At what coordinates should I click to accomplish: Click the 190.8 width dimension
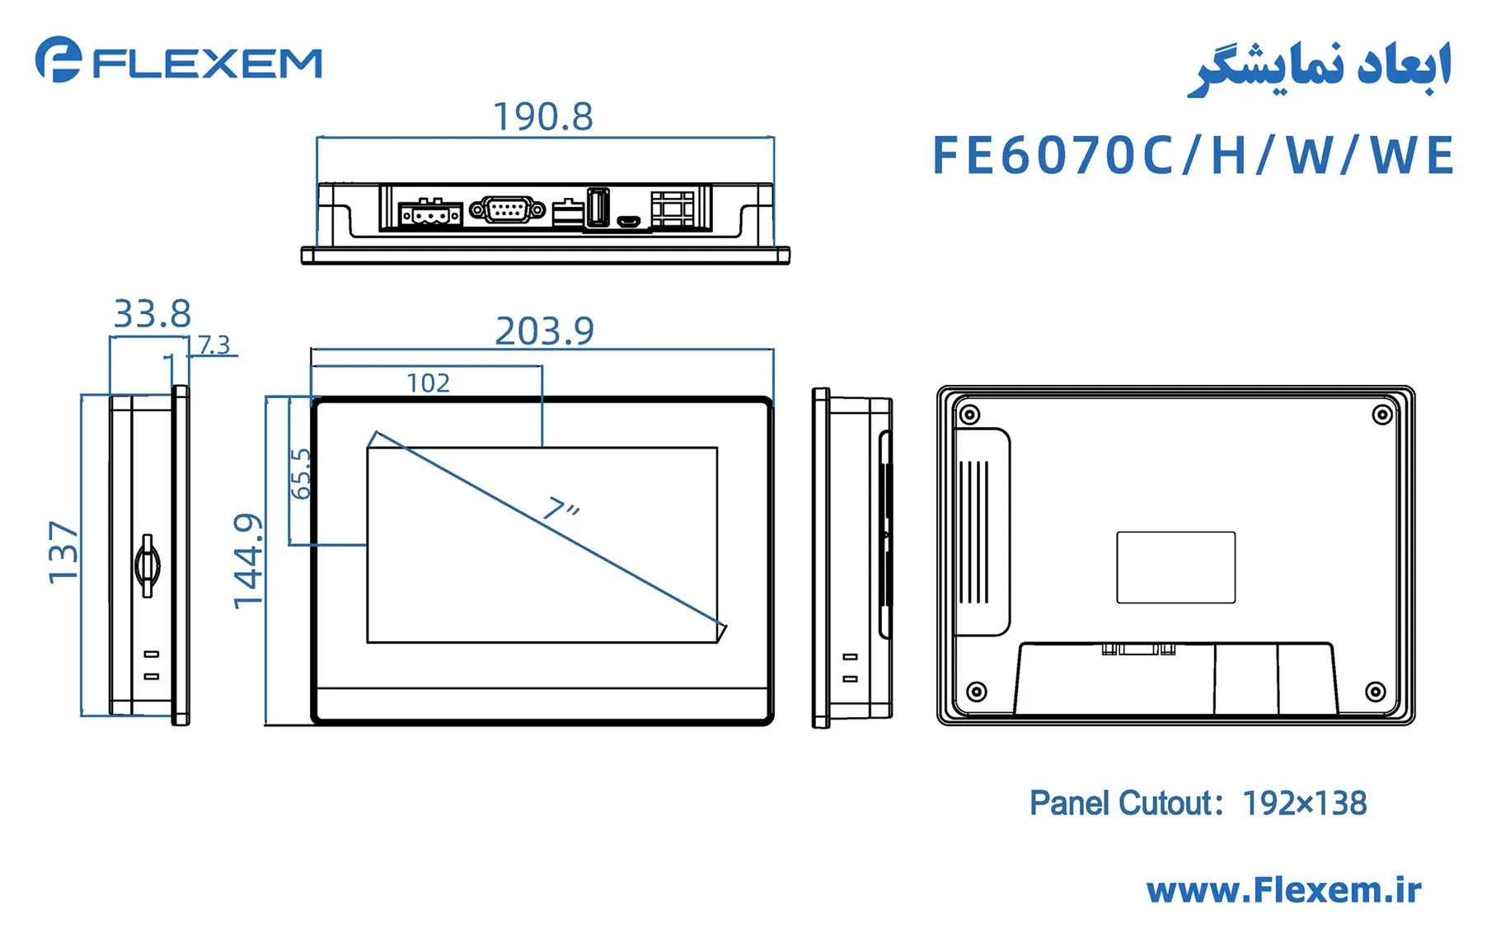542,117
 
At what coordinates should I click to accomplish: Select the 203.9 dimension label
544,331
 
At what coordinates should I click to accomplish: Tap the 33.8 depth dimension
152,314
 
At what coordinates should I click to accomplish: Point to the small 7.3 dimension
213,345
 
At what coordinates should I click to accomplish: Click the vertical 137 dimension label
63,552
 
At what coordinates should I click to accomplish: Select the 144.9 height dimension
248,561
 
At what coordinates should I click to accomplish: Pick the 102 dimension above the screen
428,383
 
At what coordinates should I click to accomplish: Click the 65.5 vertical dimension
301,474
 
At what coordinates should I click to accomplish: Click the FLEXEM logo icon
58,59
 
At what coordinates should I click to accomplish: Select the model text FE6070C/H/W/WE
1192,156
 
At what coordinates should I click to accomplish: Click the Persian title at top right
1319,69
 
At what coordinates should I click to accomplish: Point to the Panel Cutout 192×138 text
1198,803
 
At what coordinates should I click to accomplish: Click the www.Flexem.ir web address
1283,890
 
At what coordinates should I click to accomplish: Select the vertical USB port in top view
598,207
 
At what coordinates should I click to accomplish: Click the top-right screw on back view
1382,415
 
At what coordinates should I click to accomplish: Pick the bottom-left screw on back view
976,691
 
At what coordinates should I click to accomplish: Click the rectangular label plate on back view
1175,567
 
